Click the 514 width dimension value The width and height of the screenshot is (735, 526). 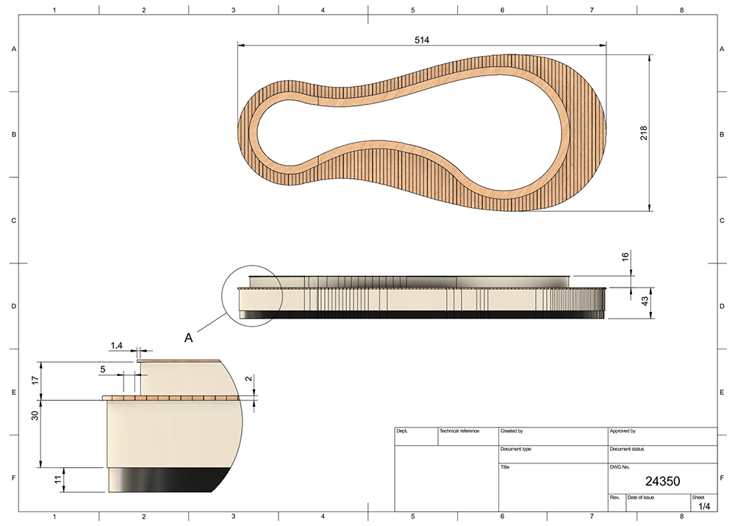click(422, 40)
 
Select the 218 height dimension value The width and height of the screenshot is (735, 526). click(644, 133)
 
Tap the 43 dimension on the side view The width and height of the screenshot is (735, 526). click(645, 301)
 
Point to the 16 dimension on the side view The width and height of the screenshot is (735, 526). click(625, 257)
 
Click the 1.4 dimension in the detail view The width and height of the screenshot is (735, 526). click(116, 346)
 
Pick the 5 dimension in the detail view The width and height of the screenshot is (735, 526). click(103, 370)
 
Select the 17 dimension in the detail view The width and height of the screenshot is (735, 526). click(35, 380)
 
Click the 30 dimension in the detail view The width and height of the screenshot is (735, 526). click(35, 415)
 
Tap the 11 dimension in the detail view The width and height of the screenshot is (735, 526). click(57, 480)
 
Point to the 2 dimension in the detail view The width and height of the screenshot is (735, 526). click(249, 378)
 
